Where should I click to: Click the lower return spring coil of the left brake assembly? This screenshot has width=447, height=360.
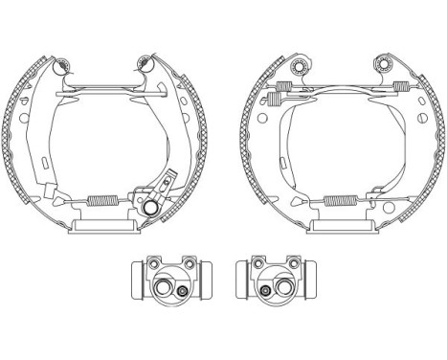click(x=102, y=200)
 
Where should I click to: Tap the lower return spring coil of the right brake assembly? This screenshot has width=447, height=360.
click(x=337, y=200)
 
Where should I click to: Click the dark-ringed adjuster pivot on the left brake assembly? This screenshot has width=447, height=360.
click(x=153, y=203)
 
